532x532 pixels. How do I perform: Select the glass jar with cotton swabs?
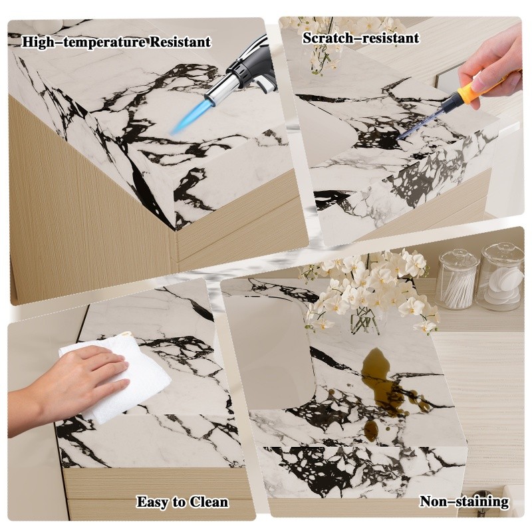[458, 279]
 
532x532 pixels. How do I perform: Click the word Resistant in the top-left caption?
[180, 43]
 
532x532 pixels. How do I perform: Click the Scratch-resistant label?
[360, 38]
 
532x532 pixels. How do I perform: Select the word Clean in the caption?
[209, 502]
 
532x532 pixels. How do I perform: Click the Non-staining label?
[464, 501]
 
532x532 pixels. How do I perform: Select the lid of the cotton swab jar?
[459, 257]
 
